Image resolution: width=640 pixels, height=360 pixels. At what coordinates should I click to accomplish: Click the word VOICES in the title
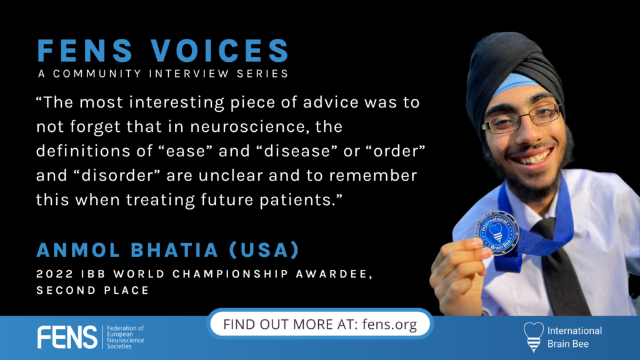(220, 51)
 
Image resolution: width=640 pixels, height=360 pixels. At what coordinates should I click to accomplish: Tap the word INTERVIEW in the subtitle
(189, 74)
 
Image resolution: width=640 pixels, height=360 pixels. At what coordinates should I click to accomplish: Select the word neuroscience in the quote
(247, 126)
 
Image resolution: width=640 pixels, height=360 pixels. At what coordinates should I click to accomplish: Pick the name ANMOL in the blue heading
(78, 250)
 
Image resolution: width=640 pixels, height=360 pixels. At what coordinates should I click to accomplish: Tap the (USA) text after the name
(264, 250)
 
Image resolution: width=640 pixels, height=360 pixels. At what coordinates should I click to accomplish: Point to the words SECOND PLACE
(92, 290)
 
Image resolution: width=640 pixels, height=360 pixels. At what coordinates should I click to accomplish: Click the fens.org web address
(389, 324)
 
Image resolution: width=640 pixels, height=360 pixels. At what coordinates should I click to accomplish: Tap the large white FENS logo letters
(67, 337)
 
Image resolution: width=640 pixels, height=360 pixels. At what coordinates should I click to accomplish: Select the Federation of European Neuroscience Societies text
(125, 337)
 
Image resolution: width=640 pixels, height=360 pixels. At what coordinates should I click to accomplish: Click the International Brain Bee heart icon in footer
(534, 337)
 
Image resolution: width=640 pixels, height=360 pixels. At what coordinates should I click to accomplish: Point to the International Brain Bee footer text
(575, 337)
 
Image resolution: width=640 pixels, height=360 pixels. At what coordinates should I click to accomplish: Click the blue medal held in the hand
(497, 232)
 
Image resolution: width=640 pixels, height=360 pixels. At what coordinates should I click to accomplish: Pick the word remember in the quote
(373, 176)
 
